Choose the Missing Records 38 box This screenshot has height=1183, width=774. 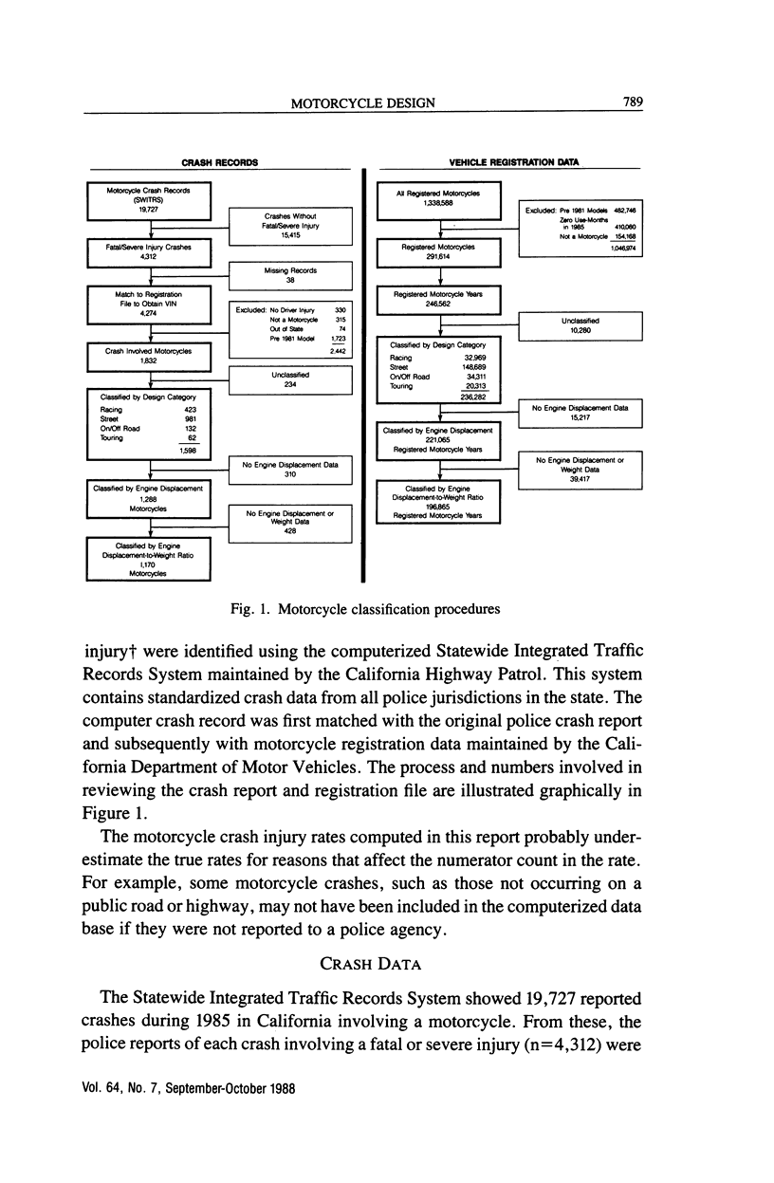coord(291,276)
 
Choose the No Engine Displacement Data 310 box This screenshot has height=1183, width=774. coord(291,470)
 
